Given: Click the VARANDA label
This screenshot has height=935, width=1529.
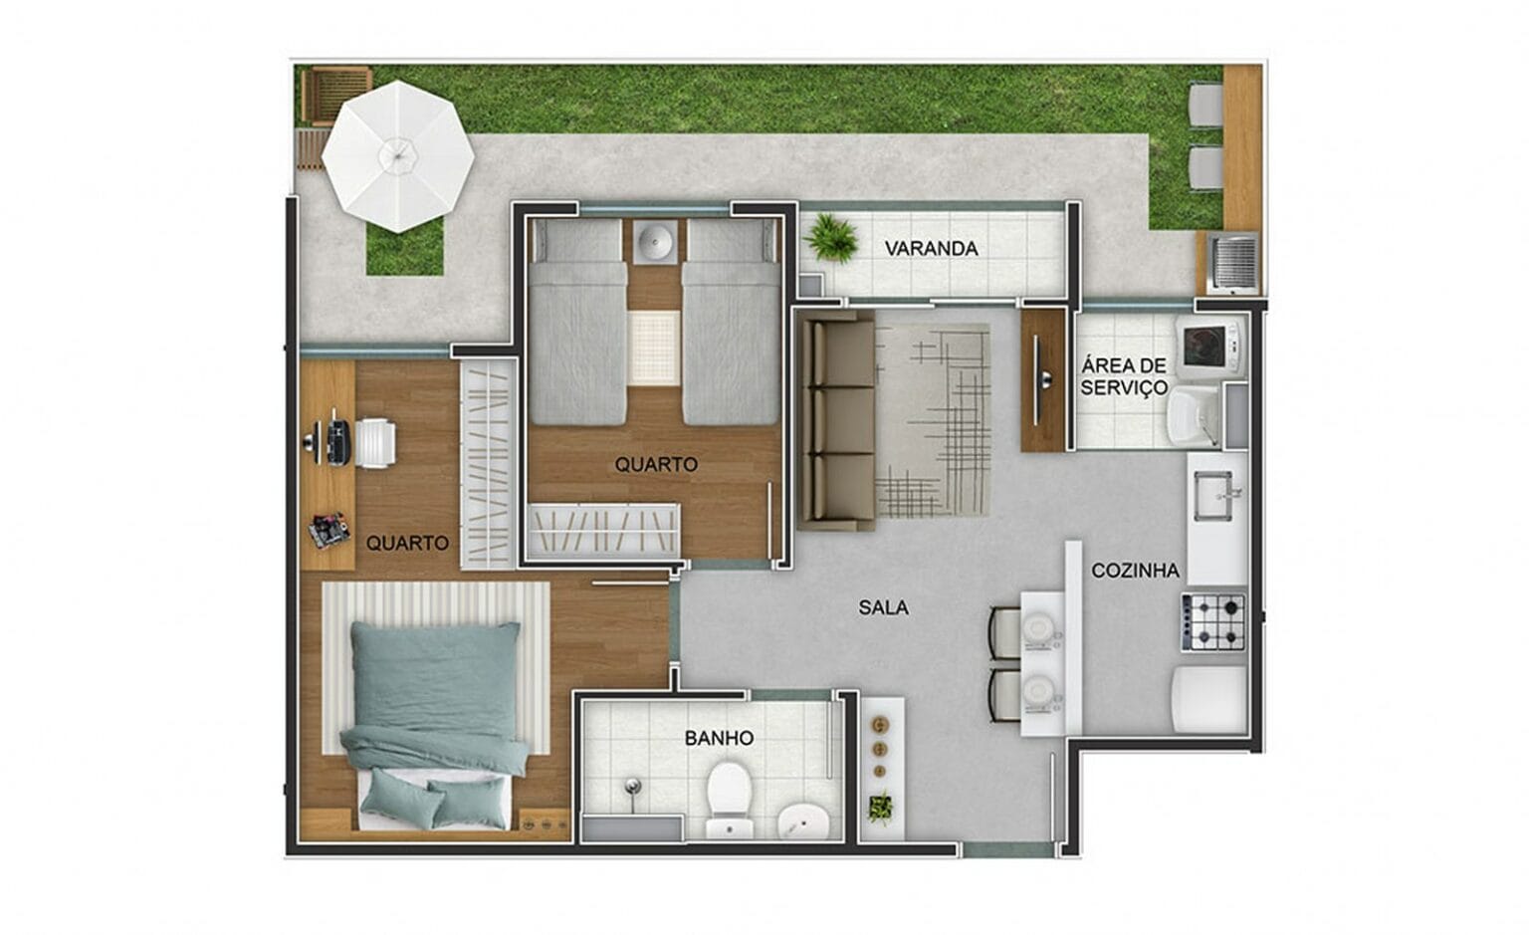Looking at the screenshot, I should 931,249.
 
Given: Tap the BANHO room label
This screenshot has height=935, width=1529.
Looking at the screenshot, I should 719,738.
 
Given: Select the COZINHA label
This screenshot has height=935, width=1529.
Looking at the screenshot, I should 1135,571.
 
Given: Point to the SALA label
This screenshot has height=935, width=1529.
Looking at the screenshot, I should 883,606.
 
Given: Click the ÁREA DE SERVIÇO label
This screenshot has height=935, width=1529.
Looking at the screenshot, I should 1124,377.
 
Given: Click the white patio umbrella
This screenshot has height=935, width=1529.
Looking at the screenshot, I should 398,156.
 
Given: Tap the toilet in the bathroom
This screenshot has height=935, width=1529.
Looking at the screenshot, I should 730,791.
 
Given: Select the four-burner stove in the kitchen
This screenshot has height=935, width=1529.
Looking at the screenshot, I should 1214,621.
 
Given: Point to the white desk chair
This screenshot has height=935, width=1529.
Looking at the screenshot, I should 373,442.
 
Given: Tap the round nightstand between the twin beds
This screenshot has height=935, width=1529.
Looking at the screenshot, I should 655,242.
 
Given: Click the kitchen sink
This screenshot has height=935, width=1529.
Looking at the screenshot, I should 1212,494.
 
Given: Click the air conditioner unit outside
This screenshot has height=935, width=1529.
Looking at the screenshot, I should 1232,263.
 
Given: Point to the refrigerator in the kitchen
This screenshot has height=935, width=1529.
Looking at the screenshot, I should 1210,699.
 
